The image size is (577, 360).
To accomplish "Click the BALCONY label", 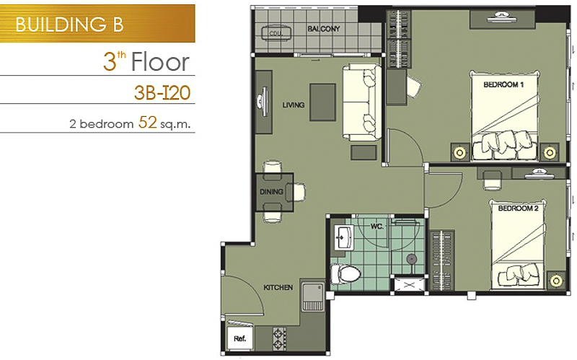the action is [x=324, y=29].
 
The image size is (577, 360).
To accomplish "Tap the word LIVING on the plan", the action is [x=294, y=105].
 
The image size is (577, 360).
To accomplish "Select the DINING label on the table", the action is [x=272, y=192].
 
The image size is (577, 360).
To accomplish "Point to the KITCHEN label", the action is [x=278, y=287].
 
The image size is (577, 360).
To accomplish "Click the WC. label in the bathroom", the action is [x=376, y=227].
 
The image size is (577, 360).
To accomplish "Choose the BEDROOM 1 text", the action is [x=503, y=84].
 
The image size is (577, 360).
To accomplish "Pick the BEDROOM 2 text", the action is [x=518, y=208].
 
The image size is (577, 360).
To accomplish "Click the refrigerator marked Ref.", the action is [x=239, y=338].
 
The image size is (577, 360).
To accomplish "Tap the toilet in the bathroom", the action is [x=345, y=273].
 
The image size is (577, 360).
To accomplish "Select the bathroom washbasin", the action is [x=344, y=237].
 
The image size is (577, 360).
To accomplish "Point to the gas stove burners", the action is [x=279, y=338].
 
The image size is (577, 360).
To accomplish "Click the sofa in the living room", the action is [x=362, y=102].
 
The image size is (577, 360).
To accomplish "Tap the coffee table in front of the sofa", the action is [x=322, y=102].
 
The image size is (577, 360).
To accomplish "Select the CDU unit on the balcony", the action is [x=276, y=33].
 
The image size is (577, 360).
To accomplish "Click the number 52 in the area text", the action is [x=148, y=122].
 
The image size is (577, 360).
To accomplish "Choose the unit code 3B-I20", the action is [x=162, y=93].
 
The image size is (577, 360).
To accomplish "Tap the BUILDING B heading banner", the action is [x=97, y=24].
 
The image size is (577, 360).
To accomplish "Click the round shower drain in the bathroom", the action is [x=411, y=259].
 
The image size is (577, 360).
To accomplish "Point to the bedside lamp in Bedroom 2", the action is [x=556, y=281].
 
